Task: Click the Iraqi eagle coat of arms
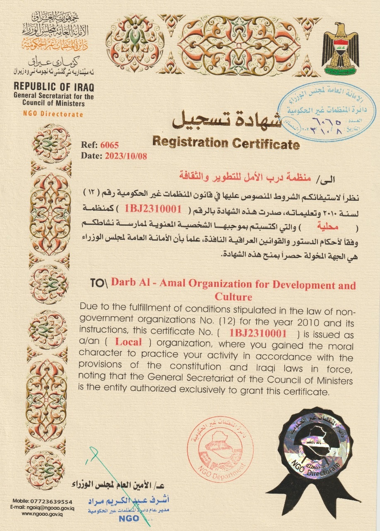click(x=340, y=49)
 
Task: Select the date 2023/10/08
click(x=126, y=156)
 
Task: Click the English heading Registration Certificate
click(x=226, y=143)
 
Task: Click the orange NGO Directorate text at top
click(x=53, y=114)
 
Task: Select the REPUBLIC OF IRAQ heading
click(x=54, y=87)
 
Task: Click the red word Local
click(x=128, y=343)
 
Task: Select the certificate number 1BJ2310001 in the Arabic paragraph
click(x=153, y=209)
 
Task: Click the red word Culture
click(x=233, y=297)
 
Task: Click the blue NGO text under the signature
click(x=129, y=519)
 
